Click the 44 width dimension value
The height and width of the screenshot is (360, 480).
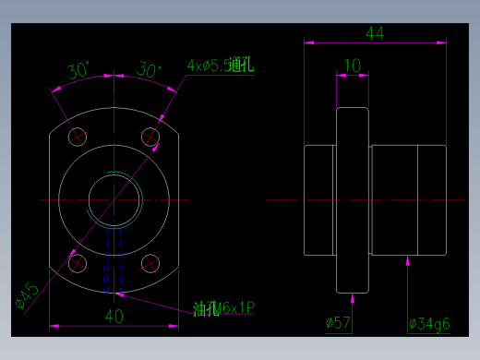point(375,33)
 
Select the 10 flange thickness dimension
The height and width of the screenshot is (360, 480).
point(352,66)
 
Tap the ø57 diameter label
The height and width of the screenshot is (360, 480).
point(338,323)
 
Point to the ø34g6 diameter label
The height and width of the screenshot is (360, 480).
point(428,323)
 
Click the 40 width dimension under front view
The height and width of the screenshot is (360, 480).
point(114,316)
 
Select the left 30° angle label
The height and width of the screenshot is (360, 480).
point(78,70)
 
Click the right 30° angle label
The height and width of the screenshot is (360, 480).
point(148,70)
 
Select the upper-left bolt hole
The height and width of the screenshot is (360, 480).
point(78,138)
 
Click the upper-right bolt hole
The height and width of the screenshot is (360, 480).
point(150,138)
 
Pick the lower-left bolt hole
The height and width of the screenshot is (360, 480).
point(78,263)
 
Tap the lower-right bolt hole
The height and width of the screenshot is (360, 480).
point(150,263)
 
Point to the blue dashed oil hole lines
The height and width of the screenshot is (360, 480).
point(114,263)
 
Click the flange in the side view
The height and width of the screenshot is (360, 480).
point(353,199)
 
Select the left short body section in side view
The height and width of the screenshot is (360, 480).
point(319,199)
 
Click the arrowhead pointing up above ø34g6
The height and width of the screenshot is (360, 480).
point(408,262)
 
